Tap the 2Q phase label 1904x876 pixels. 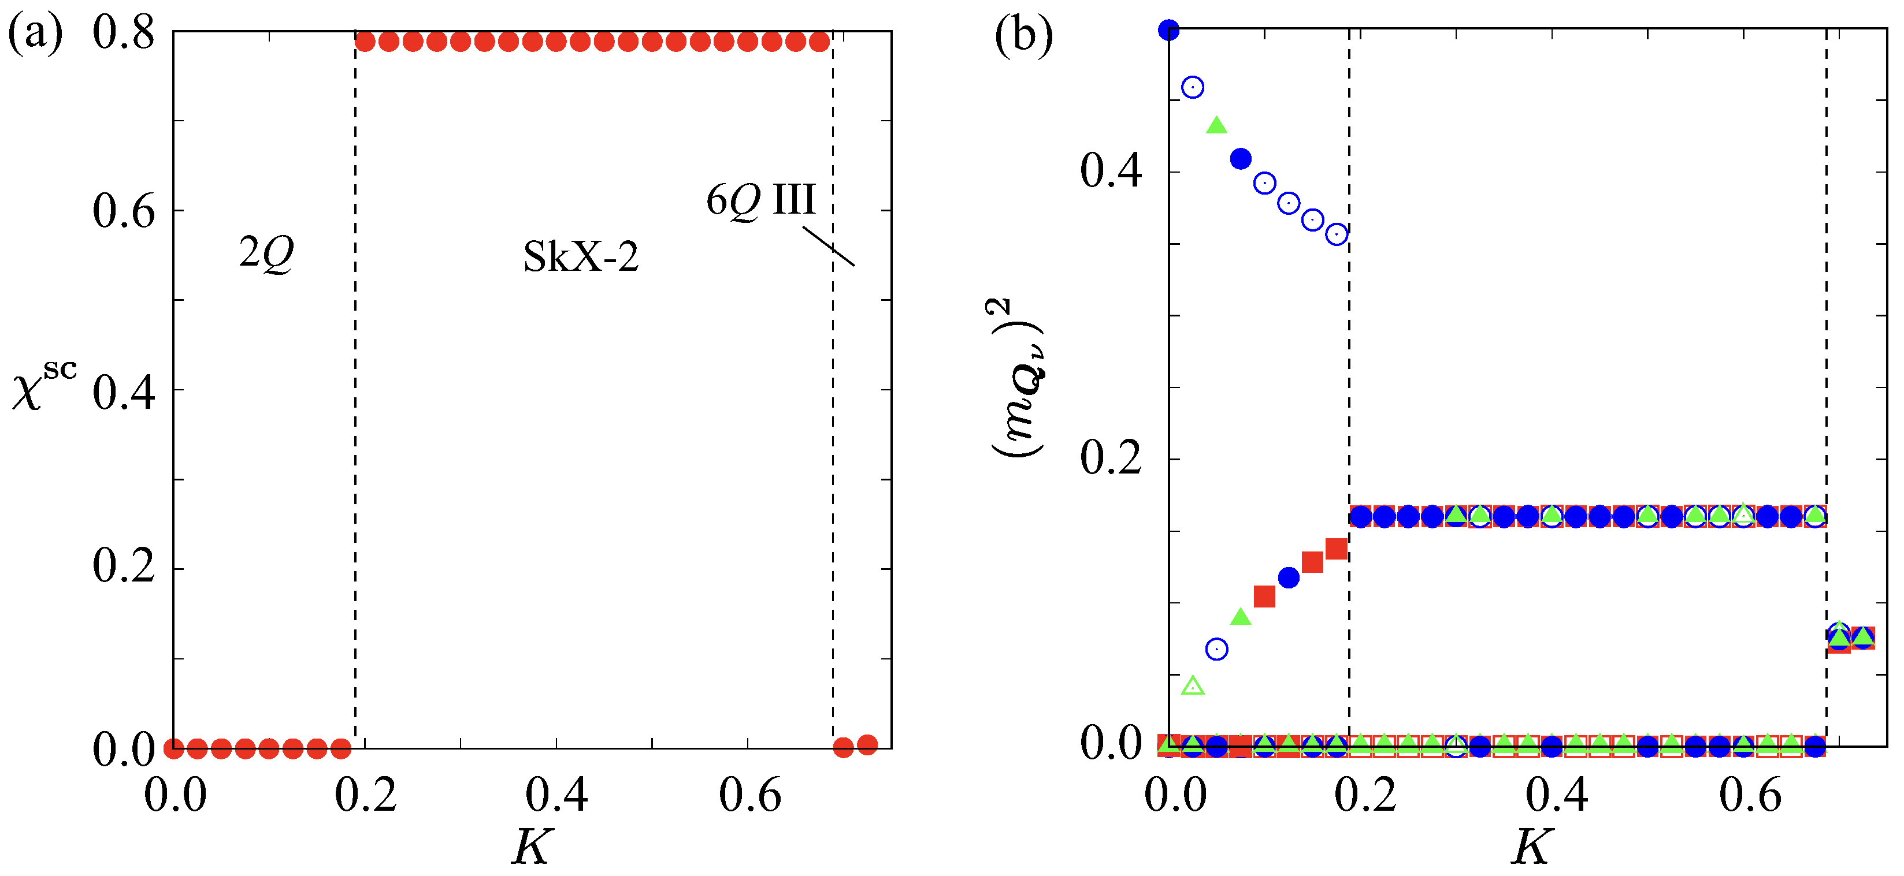click(266, 254)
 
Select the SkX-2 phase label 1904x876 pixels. click(580, 257)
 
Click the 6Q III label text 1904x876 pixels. click(760, 199)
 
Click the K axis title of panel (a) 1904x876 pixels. click(532, 847)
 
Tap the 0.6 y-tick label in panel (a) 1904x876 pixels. click(124, 211)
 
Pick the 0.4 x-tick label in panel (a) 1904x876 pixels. click(556, 796)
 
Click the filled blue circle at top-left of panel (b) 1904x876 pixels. click(1168, 30)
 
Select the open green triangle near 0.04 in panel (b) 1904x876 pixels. click(1193, 686)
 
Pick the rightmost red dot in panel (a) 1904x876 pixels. click(867, 744)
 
